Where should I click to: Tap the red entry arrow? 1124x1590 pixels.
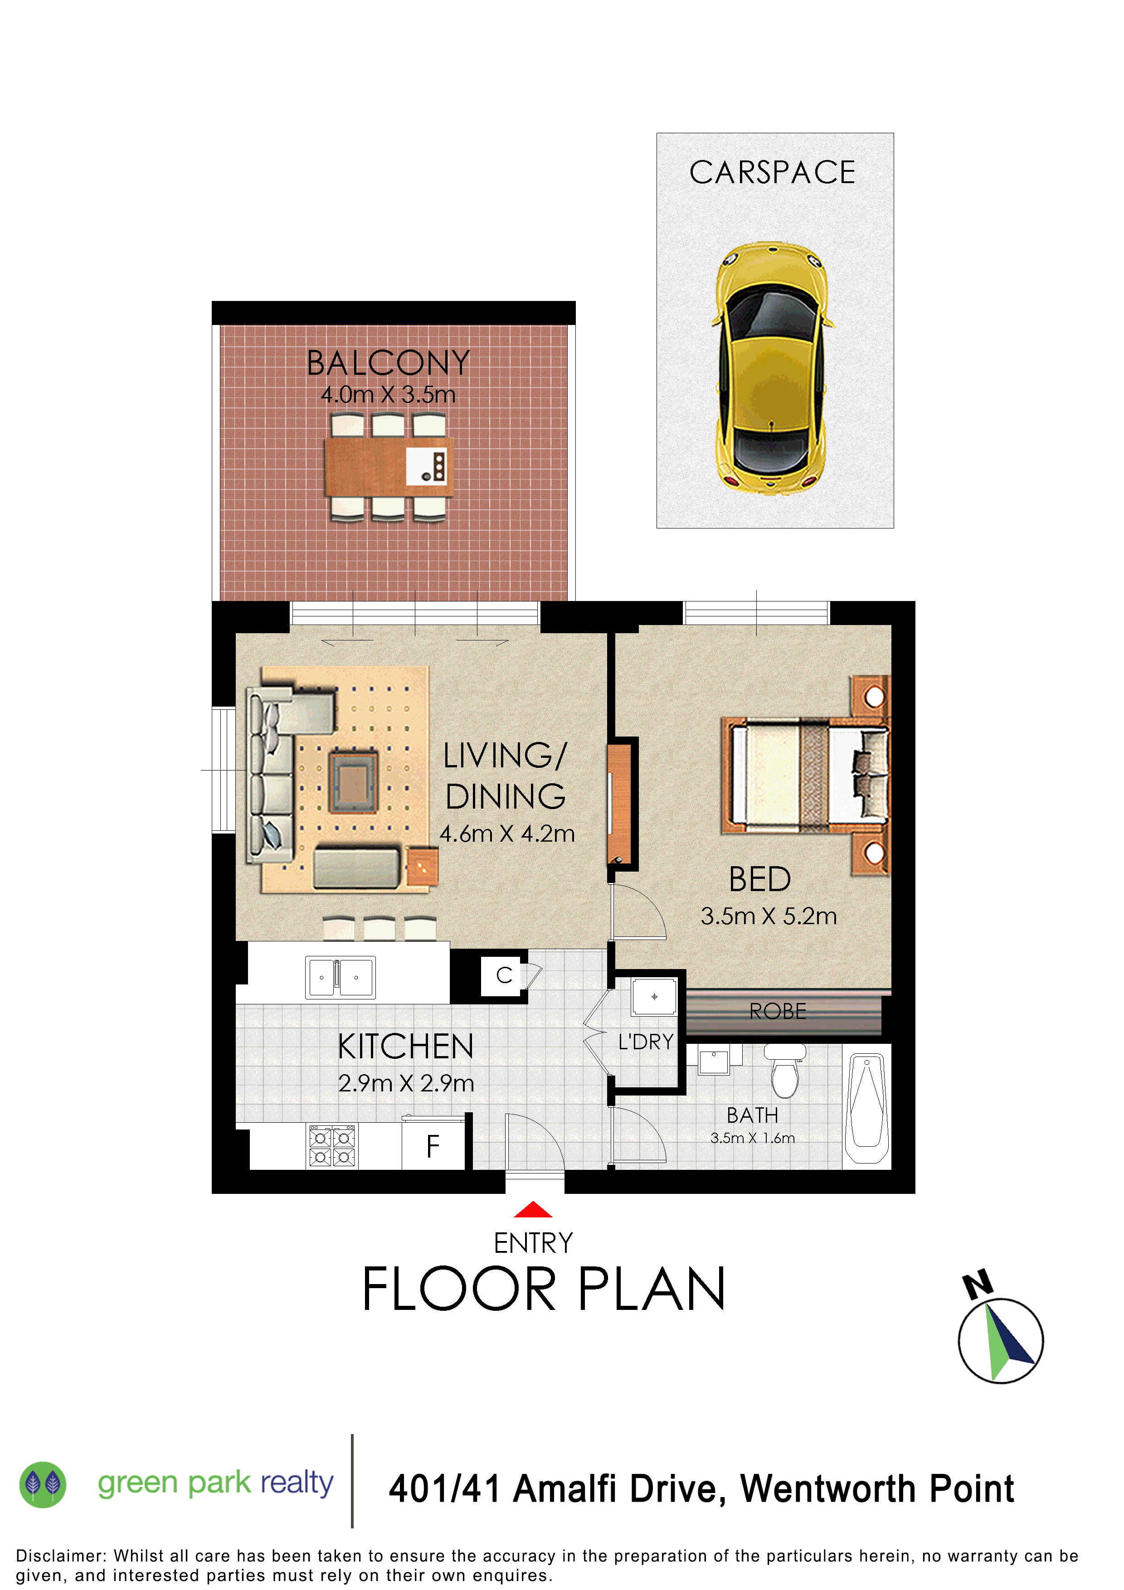(533, 1210)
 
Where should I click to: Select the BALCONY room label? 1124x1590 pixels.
(388, 363)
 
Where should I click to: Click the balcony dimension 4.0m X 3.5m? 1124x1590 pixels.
(388, 395)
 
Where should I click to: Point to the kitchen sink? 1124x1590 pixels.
(340, 977)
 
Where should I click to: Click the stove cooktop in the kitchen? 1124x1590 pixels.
(332, 1147)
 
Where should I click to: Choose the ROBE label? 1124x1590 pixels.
(778, 1011)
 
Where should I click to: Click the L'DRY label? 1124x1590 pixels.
(646, 1042)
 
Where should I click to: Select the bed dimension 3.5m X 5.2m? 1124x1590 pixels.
(768, 916)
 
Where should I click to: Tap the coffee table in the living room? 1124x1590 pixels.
(353, 782)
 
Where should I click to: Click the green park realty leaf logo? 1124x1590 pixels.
(43, 1484)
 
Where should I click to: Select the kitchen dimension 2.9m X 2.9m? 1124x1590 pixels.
(406, 1083)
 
